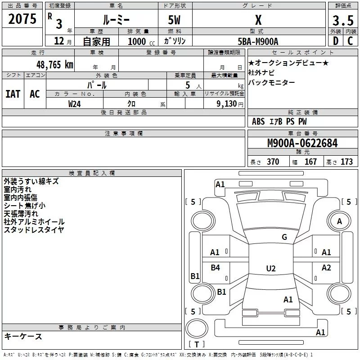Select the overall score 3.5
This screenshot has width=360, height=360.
click(x=342, y=21)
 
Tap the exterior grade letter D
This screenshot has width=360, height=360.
click(x=335, y=40)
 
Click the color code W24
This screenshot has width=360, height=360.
click(x=75, y=104)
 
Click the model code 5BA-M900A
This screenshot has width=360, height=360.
click(x=258, y=41)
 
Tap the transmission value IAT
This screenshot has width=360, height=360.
click(x=13, y=94)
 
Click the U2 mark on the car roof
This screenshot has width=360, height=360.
click(x=270, y=269)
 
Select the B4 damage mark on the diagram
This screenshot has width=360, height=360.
click(x=215, y=268)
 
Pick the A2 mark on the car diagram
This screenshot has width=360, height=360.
click(x=326, y=268)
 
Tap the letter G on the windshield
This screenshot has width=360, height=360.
click(x=284, y=237)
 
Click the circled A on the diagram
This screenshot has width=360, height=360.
click(x=339, y=221)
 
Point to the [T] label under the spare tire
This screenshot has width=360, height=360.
click(x=197, y=344)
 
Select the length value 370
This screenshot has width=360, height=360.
click(x=273, y=162)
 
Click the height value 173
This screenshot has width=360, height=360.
click(x=346, y=162)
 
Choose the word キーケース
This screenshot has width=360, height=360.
click(x=23, y=337)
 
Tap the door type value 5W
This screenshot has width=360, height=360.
click(x=175, y=21)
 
